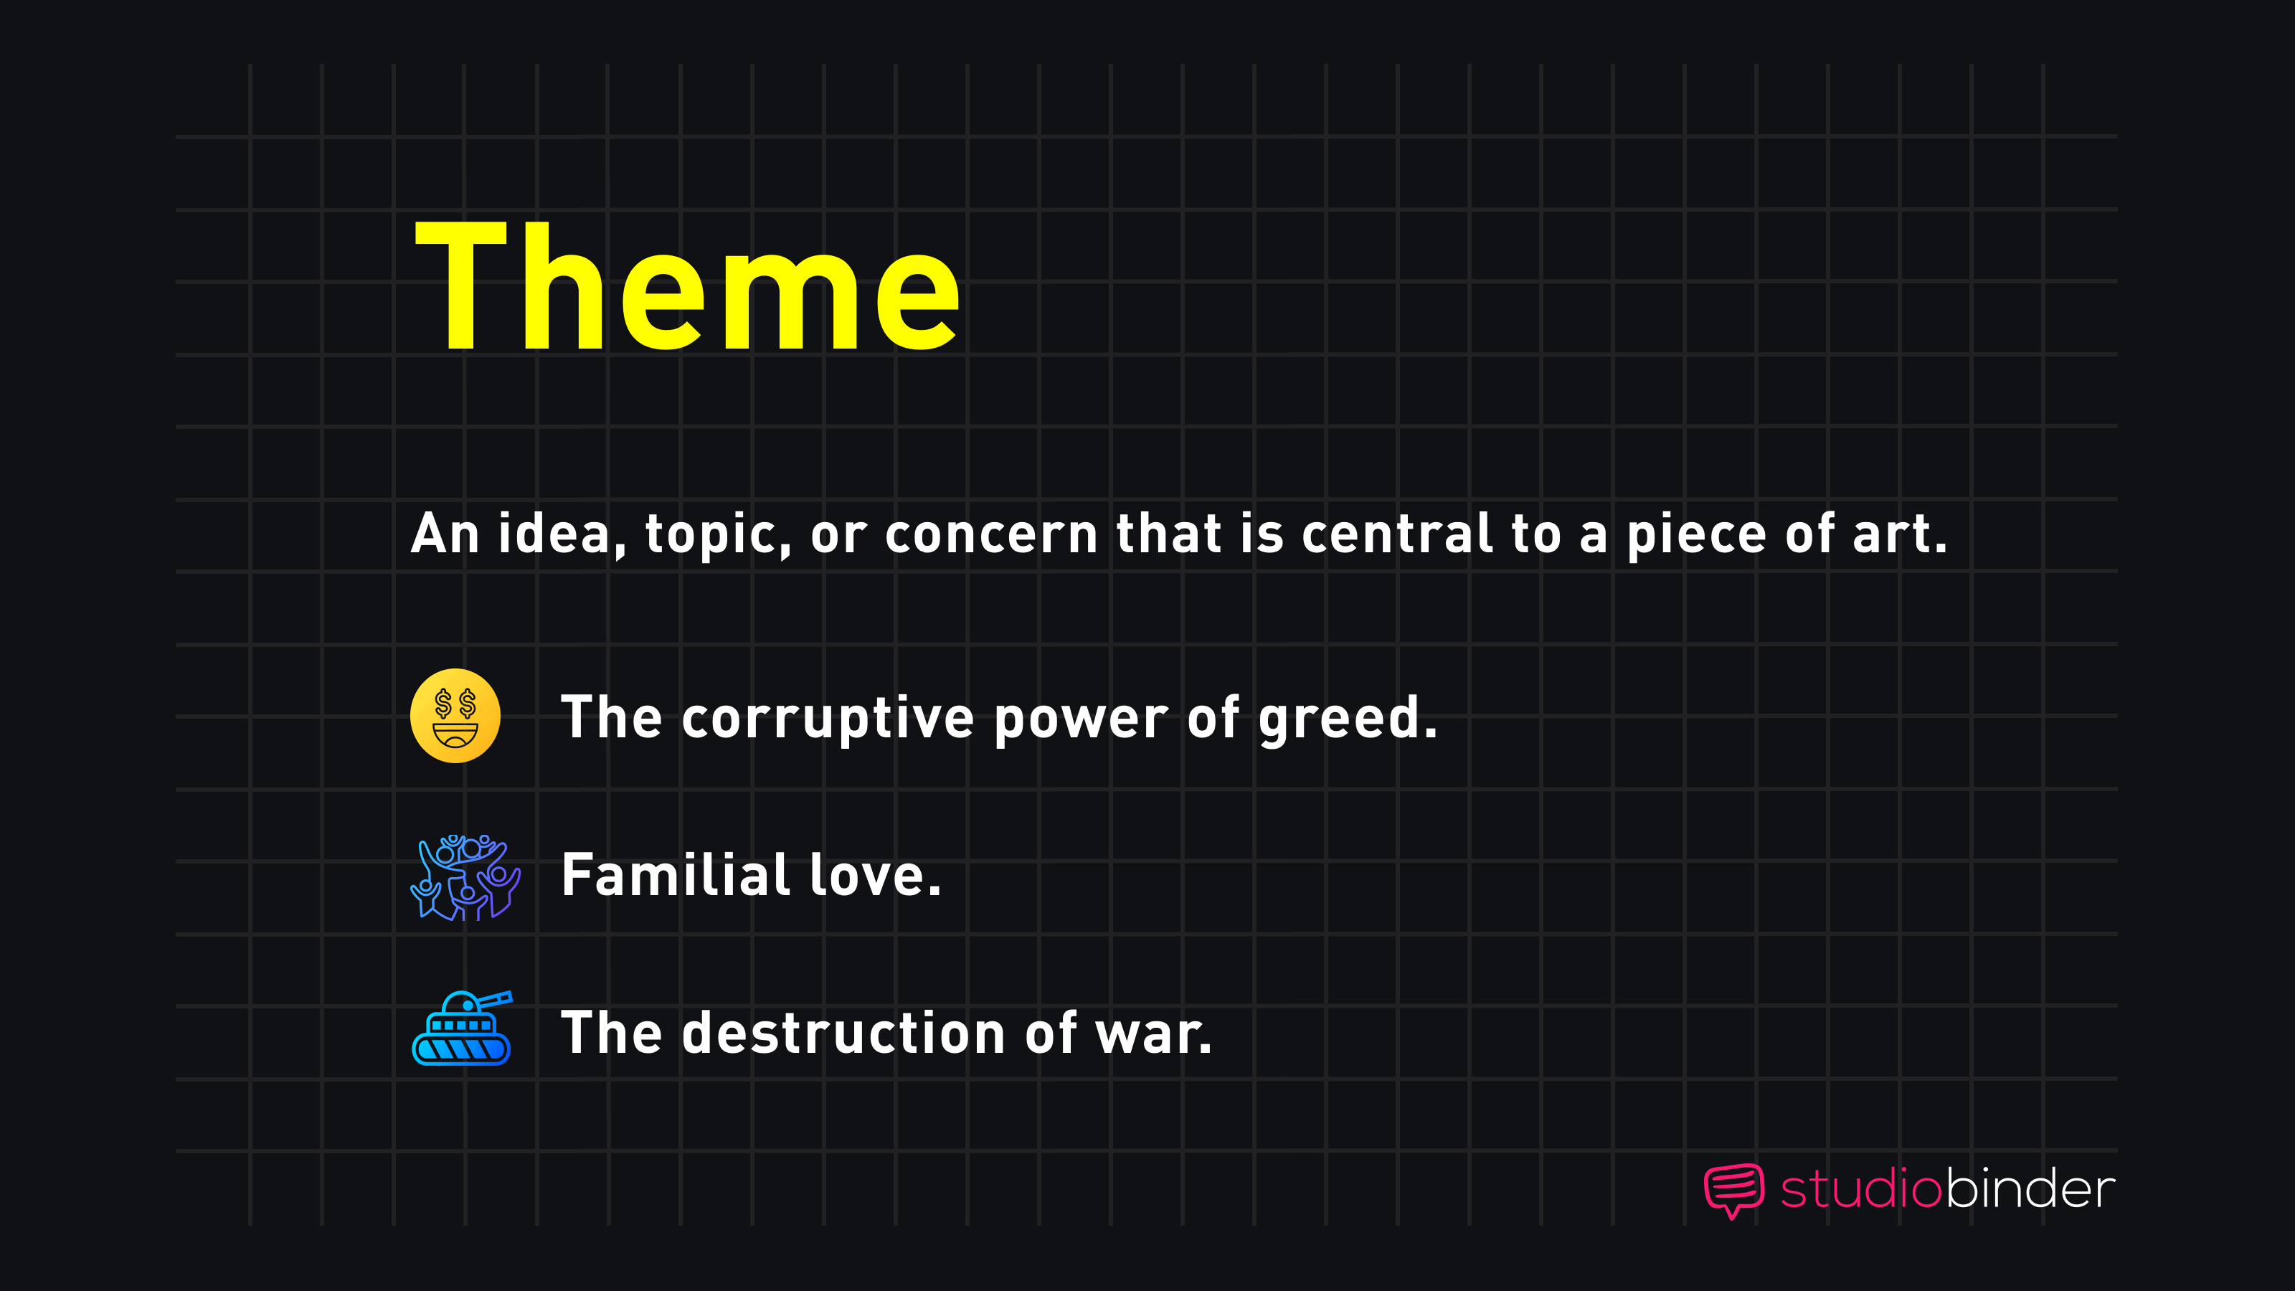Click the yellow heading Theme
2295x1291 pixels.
[x=687, y=287]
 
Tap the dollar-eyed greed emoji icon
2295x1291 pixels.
[x=455, y=717]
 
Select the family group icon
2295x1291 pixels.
[x=465, y=878]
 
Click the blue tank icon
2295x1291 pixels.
[x=461, y=1029]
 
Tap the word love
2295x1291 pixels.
[x=874, y=875]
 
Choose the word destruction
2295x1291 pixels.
[x=843, y=1034]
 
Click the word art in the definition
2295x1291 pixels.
[x=1898, y=534]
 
